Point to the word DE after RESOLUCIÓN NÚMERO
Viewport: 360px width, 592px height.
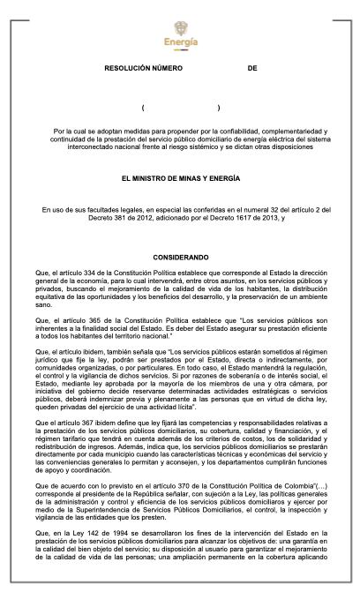pyautogui.click(x=251, y=67)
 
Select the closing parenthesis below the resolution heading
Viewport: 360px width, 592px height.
pyautogui.click(x=218, y=108)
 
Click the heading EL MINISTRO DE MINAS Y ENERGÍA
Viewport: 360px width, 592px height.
pyautogui.click(x=180, y=177)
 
